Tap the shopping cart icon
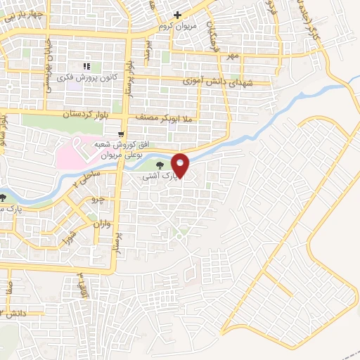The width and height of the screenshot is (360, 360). (122, 134)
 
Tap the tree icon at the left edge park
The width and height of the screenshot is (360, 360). (4, 199)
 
